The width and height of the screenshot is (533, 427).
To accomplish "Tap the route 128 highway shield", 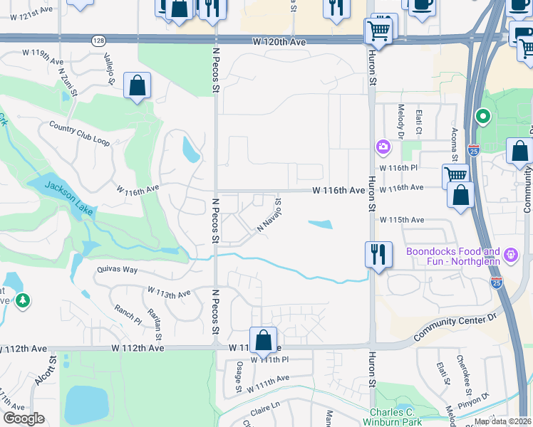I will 98,41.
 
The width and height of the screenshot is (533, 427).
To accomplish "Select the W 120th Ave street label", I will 279,43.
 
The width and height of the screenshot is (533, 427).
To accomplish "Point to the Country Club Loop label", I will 80,133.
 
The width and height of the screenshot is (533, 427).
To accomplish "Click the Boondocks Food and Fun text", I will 453,256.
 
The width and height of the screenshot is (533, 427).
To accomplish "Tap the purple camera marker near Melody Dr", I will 383,147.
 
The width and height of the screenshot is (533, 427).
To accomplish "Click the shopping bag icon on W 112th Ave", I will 264,341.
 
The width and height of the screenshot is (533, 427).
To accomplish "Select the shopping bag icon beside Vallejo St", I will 137,87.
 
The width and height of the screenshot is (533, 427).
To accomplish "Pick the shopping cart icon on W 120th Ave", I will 378,32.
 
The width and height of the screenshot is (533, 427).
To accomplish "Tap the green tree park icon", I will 24,302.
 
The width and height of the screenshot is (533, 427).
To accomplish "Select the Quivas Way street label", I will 118,270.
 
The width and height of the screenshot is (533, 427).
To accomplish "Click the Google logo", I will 24,418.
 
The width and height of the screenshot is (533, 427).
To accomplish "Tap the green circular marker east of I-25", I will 482,115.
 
